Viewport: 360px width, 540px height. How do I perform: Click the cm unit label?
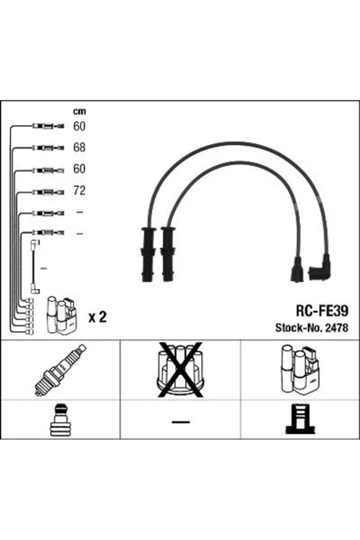click(x=79, y=111)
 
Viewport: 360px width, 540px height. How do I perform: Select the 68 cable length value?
click(x=79, y=148)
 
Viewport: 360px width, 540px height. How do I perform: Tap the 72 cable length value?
click(x=79, y=191)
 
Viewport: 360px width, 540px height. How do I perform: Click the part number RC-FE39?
click(x=322, y=311)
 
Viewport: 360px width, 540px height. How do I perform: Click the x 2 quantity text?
click(x=98, y=317)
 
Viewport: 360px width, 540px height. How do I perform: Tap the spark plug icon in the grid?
click(x=60, y=370)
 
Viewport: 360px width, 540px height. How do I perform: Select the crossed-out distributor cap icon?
click(x=180, y=369)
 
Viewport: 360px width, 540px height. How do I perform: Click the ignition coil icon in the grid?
click(x=300, y=369)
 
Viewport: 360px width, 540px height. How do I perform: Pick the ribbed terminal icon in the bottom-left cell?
click(x=60, y=420)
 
